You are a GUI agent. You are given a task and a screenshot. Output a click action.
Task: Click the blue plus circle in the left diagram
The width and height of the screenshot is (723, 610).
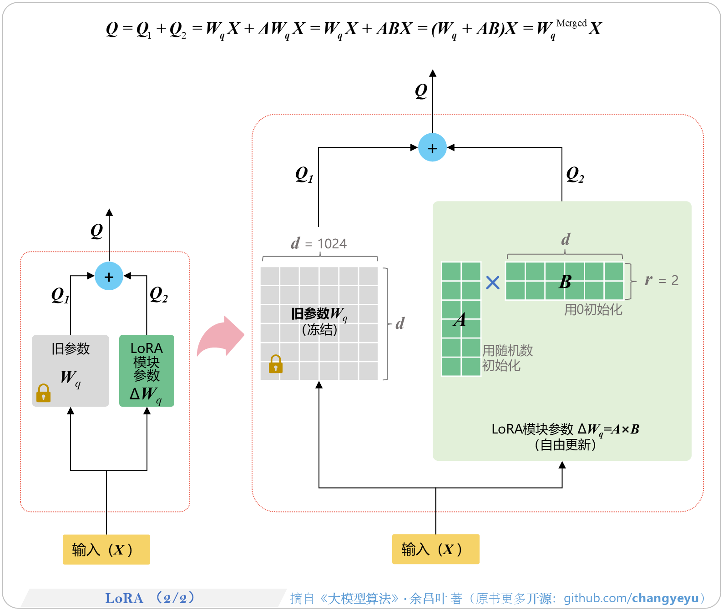pyautogui.click(x=109, y=276)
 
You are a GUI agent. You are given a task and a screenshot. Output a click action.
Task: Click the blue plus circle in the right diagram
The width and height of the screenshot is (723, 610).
pyautogui.click(x=432, y=147)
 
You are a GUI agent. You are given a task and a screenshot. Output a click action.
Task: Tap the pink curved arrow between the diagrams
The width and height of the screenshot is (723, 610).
pyautogui.click(x=221, y=337)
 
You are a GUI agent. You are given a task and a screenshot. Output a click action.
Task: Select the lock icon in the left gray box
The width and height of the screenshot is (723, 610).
pyautogui.click(x=44, y=393)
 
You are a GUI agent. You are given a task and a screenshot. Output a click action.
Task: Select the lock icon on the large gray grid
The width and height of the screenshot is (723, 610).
pyautogui.click(x=276, y=364)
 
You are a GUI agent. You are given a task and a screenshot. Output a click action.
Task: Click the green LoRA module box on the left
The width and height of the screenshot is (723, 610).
pyautogui.click(x=147, y=370)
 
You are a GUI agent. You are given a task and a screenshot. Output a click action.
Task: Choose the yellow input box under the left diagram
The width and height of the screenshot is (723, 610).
pyautogui.click(x=106, y=550)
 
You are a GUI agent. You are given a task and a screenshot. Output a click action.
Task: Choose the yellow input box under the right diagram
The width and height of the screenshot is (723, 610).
pyautogui.click(x=435, y=549)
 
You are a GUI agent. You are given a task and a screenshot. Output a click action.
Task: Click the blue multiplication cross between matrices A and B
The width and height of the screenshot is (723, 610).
pyautogui.click(x=493, y=282)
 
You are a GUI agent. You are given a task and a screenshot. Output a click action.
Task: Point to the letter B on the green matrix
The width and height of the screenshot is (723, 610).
pyautogui.click(x=565, y=282)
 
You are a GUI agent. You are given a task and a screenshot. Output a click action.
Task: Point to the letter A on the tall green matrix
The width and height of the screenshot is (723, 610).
pyautogui.click(x=460, y=320)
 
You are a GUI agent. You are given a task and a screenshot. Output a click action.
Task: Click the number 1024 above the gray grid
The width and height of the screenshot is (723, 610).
pyautogui.click(x=332, y=244)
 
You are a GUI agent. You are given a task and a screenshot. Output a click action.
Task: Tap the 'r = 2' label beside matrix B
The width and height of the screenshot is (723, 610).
pyautogui.click(x=662, y=280)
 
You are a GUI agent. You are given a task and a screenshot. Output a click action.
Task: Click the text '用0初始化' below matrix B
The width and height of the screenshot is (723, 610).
pyautogui.click(x=593, y=310)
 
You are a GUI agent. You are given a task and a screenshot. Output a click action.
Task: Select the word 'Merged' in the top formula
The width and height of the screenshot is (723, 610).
pyautogui.click(x=571, y=23)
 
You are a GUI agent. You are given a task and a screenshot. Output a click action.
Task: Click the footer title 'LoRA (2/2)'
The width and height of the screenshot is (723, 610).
pyautogui.click(x=150, y=598)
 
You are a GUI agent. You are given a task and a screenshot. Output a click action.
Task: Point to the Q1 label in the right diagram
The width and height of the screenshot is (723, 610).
pyautogui.click(x=304, y=174)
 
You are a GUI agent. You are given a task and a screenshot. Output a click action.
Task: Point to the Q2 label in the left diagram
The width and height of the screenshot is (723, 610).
pyautogui.click(x=158, y=295)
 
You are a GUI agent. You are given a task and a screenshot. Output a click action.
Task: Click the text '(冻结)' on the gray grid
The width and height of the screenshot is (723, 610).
pyautogui.click(x=319, y=330)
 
